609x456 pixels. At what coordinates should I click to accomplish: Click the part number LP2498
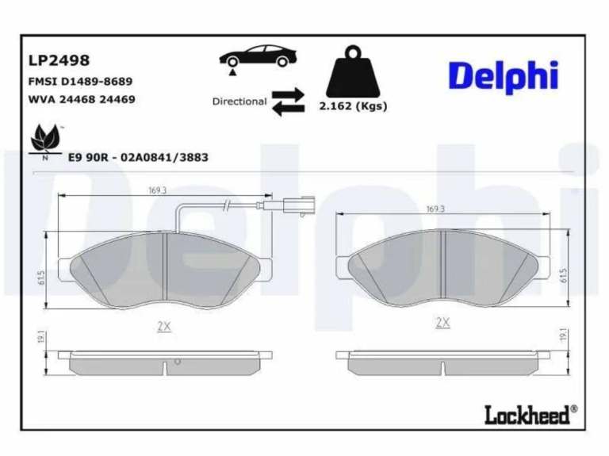59,60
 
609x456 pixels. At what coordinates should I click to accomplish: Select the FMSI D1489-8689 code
80,82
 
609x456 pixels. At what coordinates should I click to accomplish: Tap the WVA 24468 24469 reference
82,99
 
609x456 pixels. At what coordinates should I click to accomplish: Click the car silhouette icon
259,57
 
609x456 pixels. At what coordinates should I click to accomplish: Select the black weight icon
353,72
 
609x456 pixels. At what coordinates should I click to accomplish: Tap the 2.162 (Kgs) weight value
353,106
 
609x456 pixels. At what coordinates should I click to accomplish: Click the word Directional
239,102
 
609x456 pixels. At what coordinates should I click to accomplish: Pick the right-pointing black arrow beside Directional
288,94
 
